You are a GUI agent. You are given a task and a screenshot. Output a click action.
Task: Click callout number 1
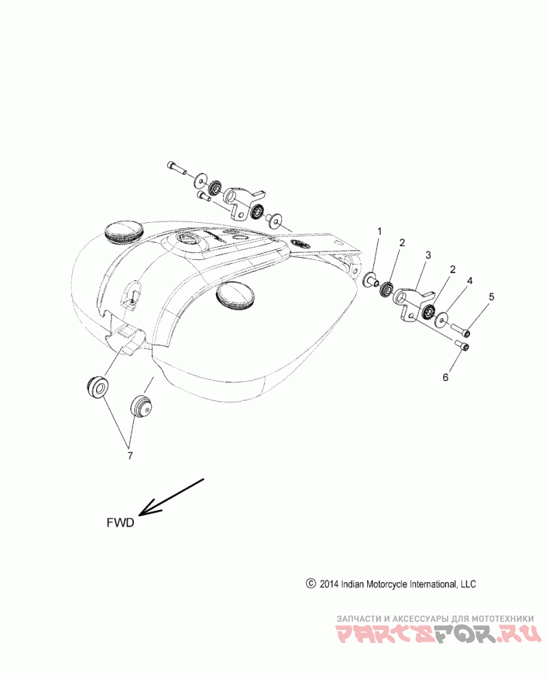click(379, 231)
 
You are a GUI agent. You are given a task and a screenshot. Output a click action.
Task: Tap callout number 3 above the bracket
click(428, 255)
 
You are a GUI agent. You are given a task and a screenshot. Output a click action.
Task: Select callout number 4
click(470, 281)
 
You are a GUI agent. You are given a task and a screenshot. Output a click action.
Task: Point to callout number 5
click(491, 297)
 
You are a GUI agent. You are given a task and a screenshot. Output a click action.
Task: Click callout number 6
click(445, 377)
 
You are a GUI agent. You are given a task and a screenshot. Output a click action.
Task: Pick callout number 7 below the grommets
click(130, 455)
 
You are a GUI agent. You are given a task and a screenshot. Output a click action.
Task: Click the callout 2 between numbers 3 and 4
click(453, 269)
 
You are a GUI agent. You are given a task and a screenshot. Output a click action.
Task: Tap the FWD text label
click(120, 523)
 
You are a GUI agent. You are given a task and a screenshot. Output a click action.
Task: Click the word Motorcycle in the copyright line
click(386, 584)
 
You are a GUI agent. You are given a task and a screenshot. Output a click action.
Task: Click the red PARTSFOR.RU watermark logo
click(439, 633)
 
